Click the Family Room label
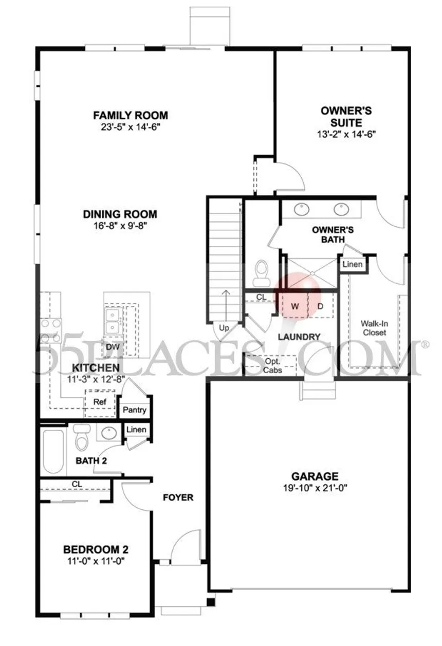(x=130, y=115)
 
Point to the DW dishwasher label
(x=113, y=347)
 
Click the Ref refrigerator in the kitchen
(x=99, y=401)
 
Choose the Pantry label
(x=135, y=410)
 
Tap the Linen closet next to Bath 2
(x=136, y=430)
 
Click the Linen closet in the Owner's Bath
(x=353, y=264)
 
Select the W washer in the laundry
(x=295, y=306)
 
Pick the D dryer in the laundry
(x=320, y=306)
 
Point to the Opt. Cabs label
(x=272, y=365)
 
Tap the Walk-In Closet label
(x=373, y=328)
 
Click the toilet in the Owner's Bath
(x=262, y=273)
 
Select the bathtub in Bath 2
(x=53, y=451)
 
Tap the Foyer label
(x=178, y=497)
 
